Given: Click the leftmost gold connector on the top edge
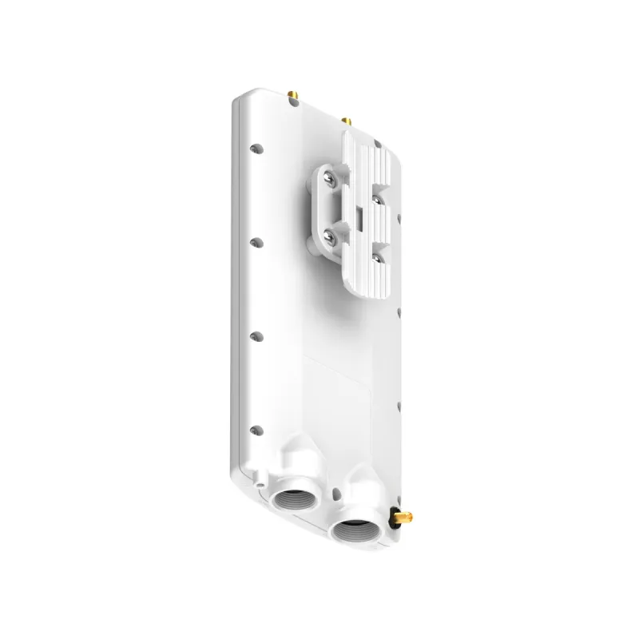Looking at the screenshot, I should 292,97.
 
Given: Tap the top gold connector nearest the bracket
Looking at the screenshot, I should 346,121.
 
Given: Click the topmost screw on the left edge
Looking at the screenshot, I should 256,148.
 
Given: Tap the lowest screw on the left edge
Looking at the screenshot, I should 255,429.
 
